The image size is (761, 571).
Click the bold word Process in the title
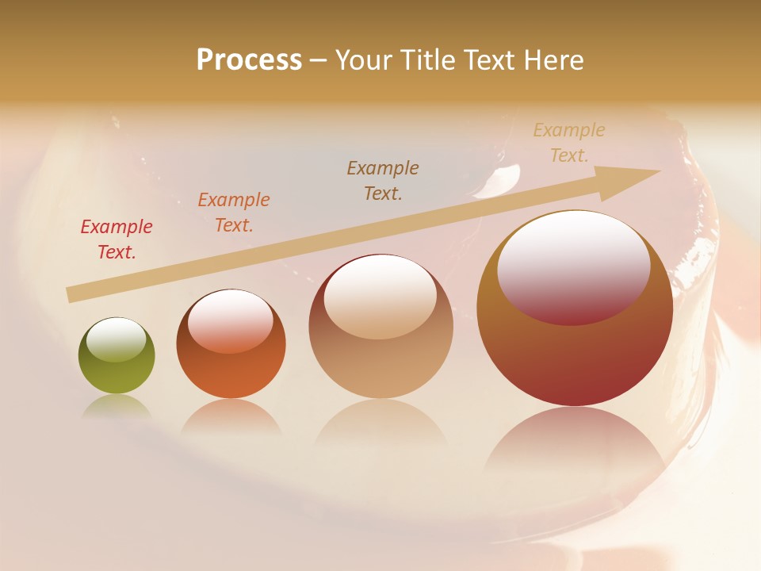[249, 60]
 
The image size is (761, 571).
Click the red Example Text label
[117, 240]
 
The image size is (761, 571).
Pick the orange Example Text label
[234, 213]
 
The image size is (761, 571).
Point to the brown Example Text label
[383, 181]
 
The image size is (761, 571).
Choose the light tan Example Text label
[569, 143]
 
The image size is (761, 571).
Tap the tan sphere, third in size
[380, 365]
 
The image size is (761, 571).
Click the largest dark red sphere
[575, 357]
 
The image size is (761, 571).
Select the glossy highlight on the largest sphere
[573, 268]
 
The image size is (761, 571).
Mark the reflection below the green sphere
[116, 406]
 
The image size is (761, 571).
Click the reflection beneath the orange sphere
[231, 416]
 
